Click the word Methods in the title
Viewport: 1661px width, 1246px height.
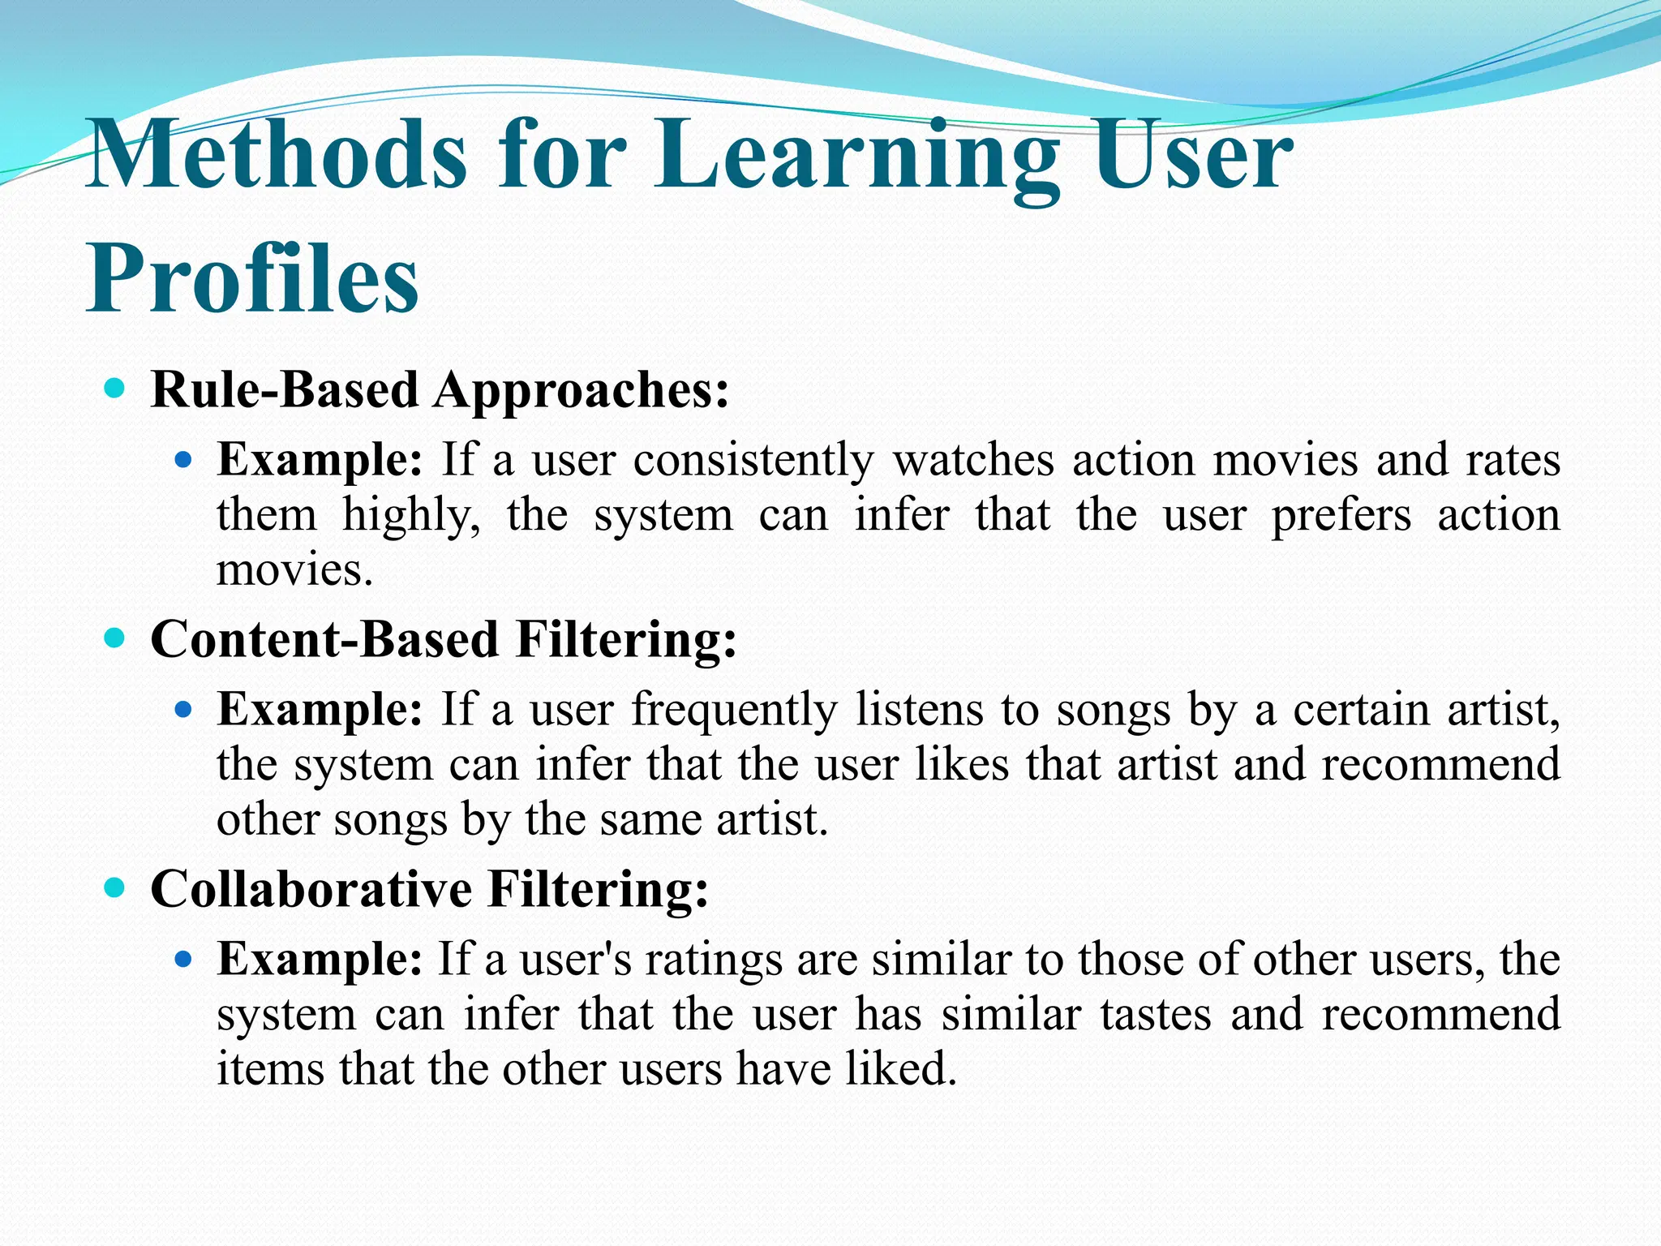coord(276,154)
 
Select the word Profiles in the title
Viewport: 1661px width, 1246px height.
coord(252,277)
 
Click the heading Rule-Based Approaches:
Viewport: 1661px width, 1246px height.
coord(440,390)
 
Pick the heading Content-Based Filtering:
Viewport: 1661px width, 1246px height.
coord(444,639)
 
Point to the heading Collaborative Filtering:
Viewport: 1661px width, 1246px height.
coord(429,888)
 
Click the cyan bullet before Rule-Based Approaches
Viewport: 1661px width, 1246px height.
coord(115,389)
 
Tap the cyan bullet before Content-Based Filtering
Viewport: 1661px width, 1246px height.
coord(115,638)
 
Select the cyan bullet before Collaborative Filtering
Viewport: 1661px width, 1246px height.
coord(115,887)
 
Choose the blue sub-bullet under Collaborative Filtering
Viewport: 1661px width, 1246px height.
coord(183,960)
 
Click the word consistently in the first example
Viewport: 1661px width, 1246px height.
coord(753,460)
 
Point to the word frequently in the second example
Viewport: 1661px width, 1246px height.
coord(734,711)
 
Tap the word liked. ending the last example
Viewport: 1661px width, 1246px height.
coord(901,1068)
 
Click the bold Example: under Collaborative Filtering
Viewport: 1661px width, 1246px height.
coord(320,959)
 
